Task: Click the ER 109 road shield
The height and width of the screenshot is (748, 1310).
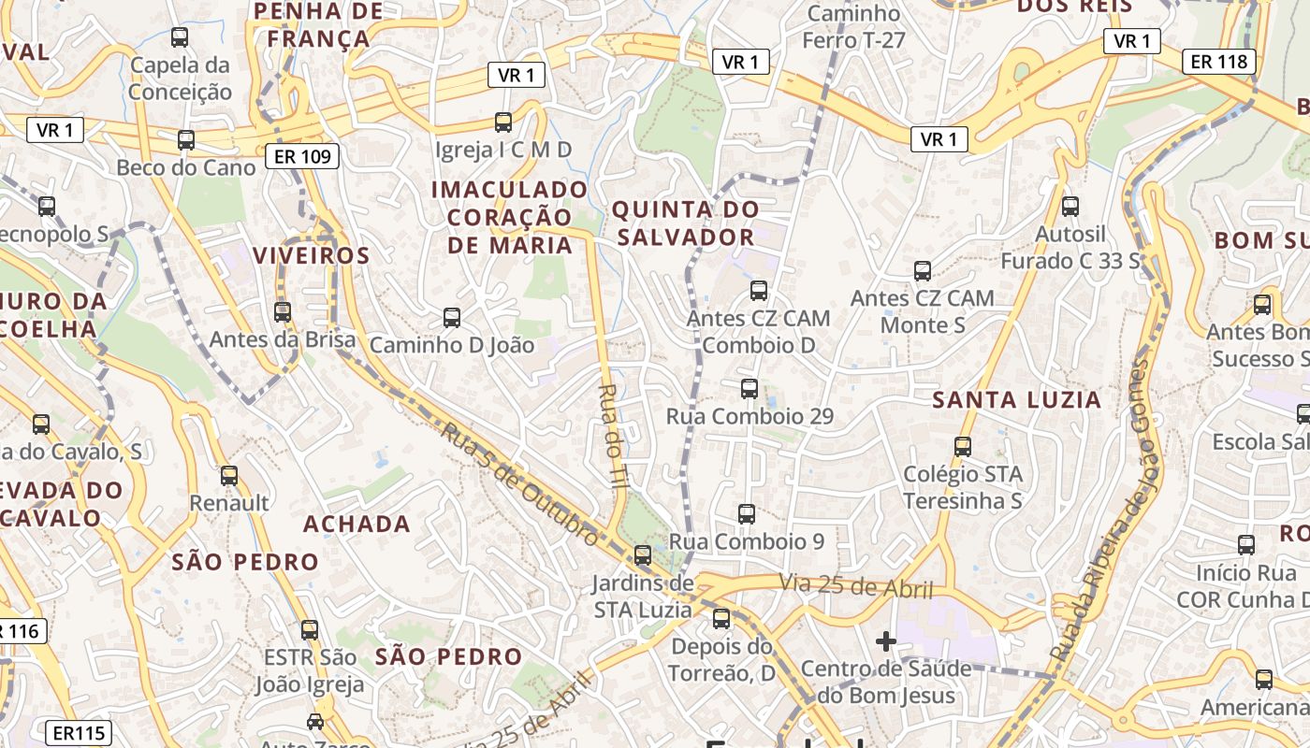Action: [x=301, y=156]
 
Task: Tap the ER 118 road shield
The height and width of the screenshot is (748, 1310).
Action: [x=1219, y=62]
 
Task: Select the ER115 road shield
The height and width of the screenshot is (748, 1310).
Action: [x=79, y=733]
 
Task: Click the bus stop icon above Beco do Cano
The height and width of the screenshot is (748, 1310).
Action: [x=186, y=140]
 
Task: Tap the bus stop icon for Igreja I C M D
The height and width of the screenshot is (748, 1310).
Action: [x=503, y=122]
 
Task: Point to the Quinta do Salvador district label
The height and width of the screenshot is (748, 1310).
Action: [x=685, y=223]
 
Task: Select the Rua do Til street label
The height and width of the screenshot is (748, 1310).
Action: [x=613, y=436]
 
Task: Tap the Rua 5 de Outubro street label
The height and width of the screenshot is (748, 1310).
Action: [x=519, y=483]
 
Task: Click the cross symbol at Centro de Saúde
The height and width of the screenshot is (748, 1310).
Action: [x=885, y=641]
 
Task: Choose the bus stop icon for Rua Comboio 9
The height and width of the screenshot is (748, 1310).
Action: [x=746, y=513]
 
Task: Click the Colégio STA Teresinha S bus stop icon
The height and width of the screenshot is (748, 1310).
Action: [x=963, y=447]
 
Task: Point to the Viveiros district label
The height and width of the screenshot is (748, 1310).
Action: [x=311, y=255]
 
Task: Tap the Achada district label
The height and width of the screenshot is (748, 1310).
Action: [x=357, y=524]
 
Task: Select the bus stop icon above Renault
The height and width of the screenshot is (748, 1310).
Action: [x=229, y=476]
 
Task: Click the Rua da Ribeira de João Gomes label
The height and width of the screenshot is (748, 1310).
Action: [x=1100, y=511]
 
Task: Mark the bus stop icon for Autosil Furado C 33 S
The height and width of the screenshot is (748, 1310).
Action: [x=1070, y=207]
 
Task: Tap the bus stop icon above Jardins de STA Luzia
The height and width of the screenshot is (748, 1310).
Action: [x=642, y=555]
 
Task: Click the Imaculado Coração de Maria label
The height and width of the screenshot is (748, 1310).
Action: [x=510, y=217]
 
